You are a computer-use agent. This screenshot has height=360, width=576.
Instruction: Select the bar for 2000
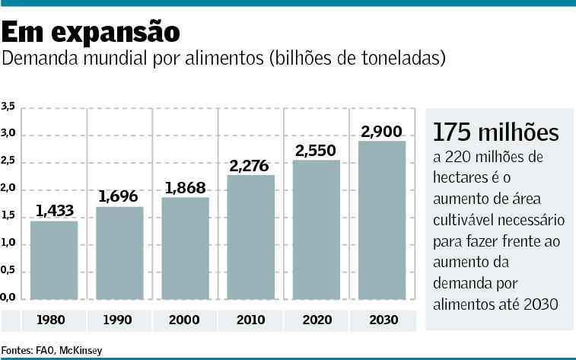click(185, 247)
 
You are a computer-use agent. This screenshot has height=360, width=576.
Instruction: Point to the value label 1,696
click(120, 196)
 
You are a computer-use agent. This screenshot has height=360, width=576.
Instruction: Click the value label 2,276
click(251, 164)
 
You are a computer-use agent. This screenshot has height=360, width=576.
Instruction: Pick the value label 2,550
click(317, 150)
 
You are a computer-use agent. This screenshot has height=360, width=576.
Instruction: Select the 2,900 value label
click(382, 132)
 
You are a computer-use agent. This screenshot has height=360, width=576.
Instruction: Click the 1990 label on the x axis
click(120, 320)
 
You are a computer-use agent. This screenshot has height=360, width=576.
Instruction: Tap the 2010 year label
click(251, 320)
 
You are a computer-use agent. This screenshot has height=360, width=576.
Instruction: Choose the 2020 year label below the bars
click(317, 320)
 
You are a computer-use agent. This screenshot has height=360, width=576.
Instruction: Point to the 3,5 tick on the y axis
click(8, 107)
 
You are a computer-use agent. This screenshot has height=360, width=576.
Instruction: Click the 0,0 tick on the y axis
click(8, 296)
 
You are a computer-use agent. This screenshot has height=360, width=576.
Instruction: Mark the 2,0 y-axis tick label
click(8, 189)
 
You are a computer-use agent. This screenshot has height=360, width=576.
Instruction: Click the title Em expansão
click(91, 33)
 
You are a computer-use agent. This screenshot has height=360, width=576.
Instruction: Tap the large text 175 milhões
click(495, 132)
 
